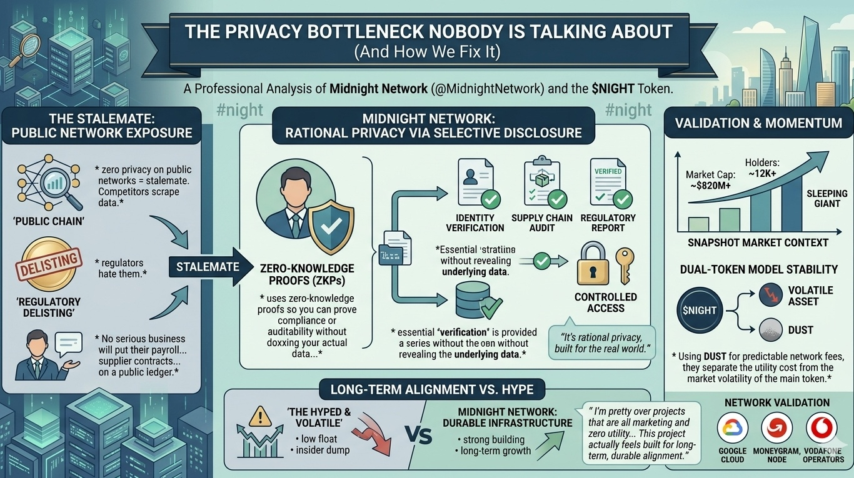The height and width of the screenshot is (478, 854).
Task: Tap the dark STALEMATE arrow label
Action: point(208,267)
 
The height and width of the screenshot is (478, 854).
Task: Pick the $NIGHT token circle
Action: point(700,310)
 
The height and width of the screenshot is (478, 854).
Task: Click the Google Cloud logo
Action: point(732,429)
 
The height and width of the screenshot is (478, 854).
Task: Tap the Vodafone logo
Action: point(823,429)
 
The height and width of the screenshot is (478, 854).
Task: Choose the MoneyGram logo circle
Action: point(777,429)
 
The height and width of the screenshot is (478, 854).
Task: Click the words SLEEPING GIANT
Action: point(826,199)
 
